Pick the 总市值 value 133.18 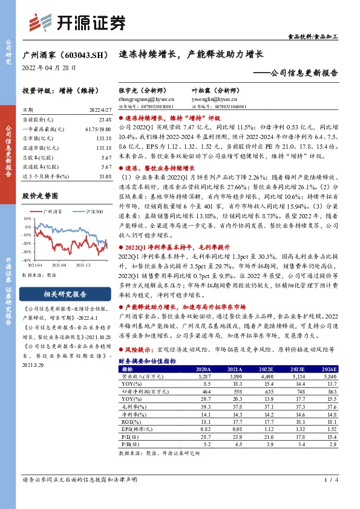point(103,138)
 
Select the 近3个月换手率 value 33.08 point(103,176)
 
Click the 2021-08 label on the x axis point(59,265)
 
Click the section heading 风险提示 point(140,349)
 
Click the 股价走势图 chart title point(40,196)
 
